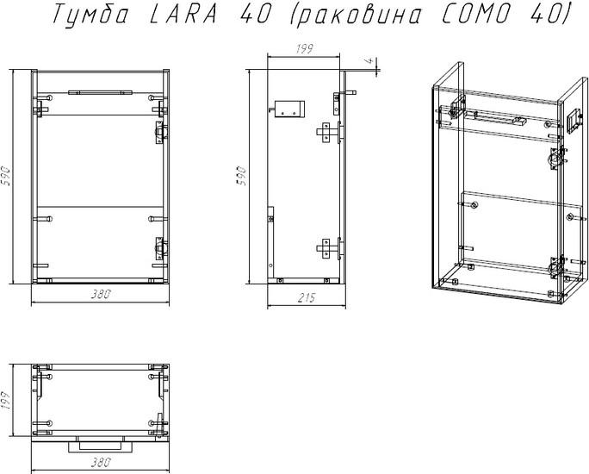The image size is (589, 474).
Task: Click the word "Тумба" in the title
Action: click(x=91, y=14)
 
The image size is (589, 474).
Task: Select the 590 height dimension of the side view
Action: click(x=241, y=176)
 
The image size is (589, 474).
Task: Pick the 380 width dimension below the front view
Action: click(x=101, y=294)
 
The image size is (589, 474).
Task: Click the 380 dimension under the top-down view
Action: click(x=101, y=462)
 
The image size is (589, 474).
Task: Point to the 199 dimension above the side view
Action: click(x=304, y=49)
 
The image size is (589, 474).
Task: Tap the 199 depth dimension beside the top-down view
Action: click(x=6, y=401)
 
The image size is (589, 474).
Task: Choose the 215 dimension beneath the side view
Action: click(x=307, y=297)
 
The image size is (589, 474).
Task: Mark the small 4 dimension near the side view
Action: click(x=369, y=60)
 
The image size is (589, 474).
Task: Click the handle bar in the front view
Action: click(x=100, y=92)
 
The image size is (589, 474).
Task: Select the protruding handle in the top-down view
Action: click(x=101, y=446)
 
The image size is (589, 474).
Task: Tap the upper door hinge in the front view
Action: click(x=162, y=133)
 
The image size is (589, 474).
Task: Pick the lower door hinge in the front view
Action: click(x=162, y=248)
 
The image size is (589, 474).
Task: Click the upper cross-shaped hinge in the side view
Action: click(x=329, y=132)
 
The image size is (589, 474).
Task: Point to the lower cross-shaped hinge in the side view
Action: click(x=329, y=248)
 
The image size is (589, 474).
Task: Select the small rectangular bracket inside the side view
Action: click(x=289, y=109)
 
